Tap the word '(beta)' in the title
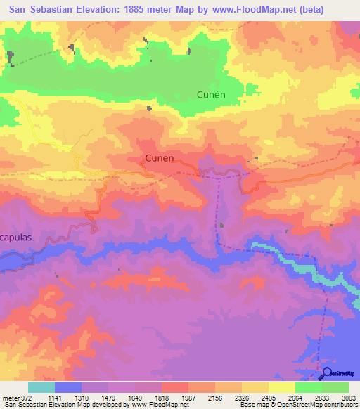point(333,9)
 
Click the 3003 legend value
point(340,397)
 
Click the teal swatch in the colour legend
point(41,387)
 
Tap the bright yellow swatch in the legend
point(281,387)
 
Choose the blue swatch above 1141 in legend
point(68,387)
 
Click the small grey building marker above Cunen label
point(149,108)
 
